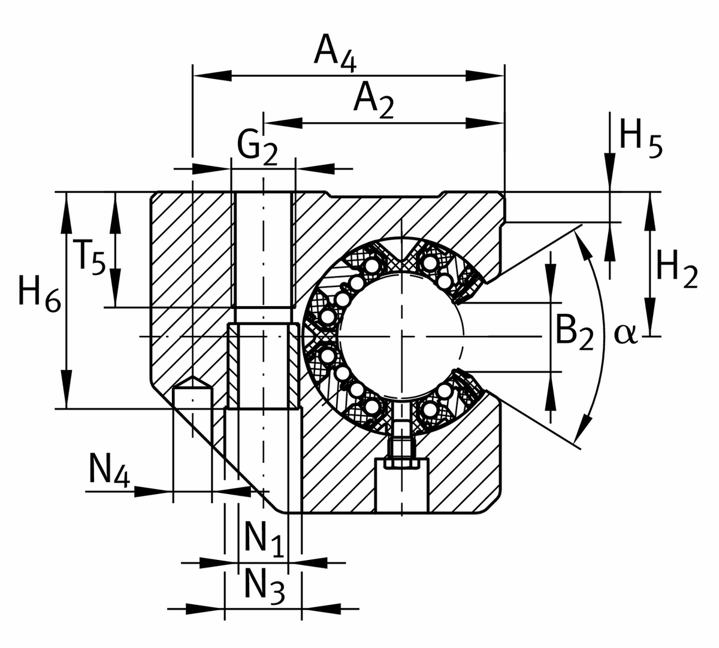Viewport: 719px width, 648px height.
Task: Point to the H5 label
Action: pos(641,138)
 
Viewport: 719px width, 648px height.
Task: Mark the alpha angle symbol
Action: pos(625,335)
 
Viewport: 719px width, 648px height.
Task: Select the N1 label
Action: pos(264,538)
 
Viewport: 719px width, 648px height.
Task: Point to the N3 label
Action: pos(264,586)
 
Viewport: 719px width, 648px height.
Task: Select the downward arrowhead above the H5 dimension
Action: pos(609,164)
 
